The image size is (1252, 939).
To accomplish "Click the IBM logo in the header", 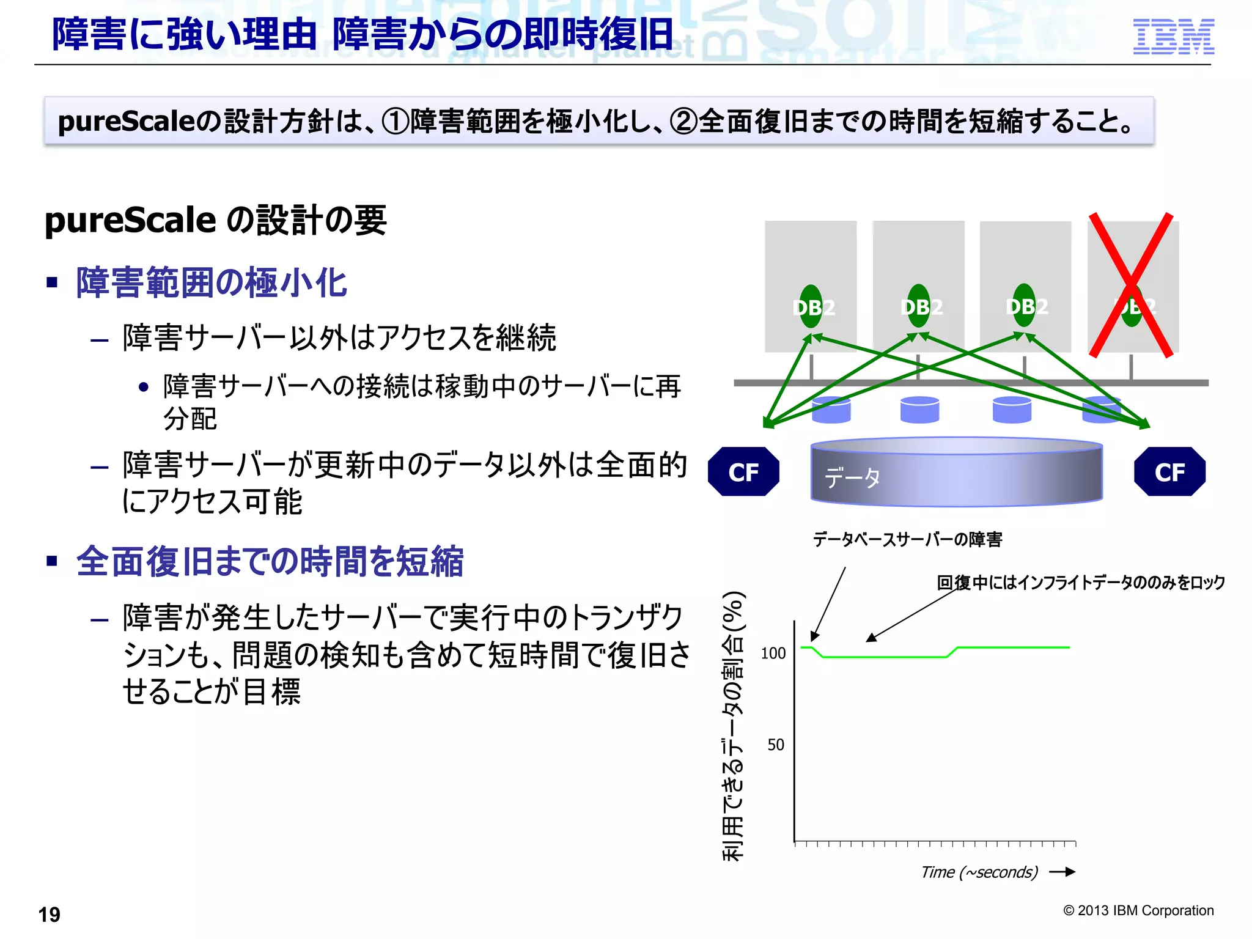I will [x=1173, y=37].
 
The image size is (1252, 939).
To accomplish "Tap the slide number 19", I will [x=50, y=915].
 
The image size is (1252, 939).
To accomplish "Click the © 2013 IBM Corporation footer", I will [x=1138, y=910].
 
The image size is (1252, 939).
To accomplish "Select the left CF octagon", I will [x=743, y=472].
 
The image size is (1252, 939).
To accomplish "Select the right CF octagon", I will [x=1169, y=472].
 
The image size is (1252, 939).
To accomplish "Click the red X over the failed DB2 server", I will [x=1132, y=285].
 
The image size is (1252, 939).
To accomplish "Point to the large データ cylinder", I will [x=956, y=472].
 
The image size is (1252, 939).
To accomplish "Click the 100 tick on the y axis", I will [x=773, y=654].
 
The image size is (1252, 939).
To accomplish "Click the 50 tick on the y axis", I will [x=776, y=745].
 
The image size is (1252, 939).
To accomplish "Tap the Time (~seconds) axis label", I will [x=979, y=872].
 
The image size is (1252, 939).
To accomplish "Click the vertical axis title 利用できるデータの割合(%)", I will [x=733, y=726].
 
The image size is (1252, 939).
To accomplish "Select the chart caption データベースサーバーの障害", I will [x=907, y=539].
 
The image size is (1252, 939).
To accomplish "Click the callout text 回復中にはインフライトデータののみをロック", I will [x=1081, y=582].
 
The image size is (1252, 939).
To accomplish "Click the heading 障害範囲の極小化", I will [x=212, y=283].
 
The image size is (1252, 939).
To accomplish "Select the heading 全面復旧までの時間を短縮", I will [x=270, y=561].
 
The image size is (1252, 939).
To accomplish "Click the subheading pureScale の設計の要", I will [x=215, y=220].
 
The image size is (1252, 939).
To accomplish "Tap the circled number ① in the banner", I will [x=395, y=121].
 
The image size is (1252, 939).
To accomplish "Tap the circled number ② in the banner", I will [x=683, y=121].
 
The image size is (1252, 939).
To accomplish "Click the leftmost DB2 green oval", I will [x=811, y=306].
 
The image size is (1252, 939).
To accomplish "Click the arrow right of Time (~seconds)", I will [x=1062, y=872].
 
